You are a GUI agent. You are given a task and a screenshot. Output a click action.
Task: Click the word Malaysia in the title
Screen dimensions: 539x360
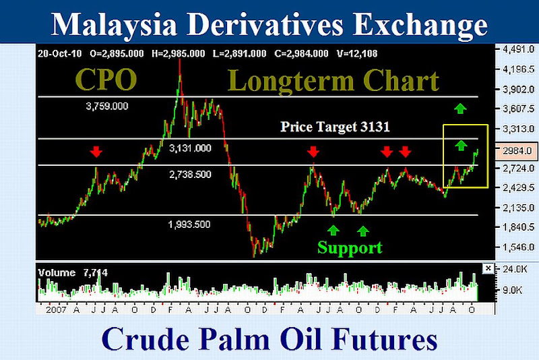(x=114, y=25)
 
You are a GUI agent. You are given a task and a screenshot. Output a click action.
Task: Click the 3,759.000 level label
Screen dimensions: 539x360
(x=107, y=107)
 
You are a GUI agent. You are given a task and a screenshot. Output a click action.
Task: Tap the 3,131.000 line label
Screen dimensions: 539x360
(x=190, y=148)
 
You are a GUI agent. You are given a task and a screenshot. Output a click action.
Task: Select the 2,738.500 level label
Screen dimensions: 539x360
(x=190, y=175)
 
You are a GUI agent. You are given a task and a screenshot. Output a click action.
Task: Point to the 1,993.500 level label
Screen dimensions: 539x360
(x=189, y=224)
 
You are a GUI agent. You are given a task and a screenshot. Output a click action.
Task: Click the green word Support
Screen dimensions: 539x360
(x=350, y=248)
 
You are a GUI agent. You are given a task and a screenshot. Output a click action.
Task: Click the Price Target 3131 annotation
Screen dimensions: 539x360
(x=335, y=127)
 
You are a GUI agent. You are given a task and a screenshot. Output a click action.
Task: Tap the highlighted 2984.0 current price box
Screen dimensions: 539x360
(x=517, y=151)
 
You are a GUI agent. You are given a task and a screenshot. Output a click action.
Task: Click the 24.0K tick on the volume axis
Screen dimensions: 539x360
(x=515, y=269)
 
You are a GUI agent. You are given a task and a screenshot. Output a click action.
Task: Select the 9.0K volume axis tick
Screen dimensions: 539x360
(x=512, y=291)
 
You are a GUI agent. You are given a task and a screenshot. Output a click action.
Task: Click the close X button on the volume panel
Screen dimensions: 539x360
(x=488, y=268)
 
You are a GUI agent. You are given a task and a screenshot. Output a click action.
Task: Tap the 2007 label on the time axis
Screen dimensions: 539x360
(x=56, y=310)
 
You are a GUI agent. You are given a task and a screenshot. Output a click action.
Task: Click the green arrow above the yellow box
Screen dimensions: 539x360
(x=460, y=109)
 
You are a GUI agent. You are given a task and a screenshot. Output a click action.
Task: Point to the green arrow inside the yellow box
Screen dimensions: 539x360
(x=461, y=146)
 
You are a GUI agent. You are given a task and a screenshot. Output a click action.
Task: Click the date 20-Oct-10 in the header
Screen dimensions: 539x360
(x=60, y=54)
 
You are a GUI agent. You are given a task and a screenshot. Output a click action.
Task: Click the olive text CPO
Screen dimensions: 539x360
(x=106, y=80)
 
